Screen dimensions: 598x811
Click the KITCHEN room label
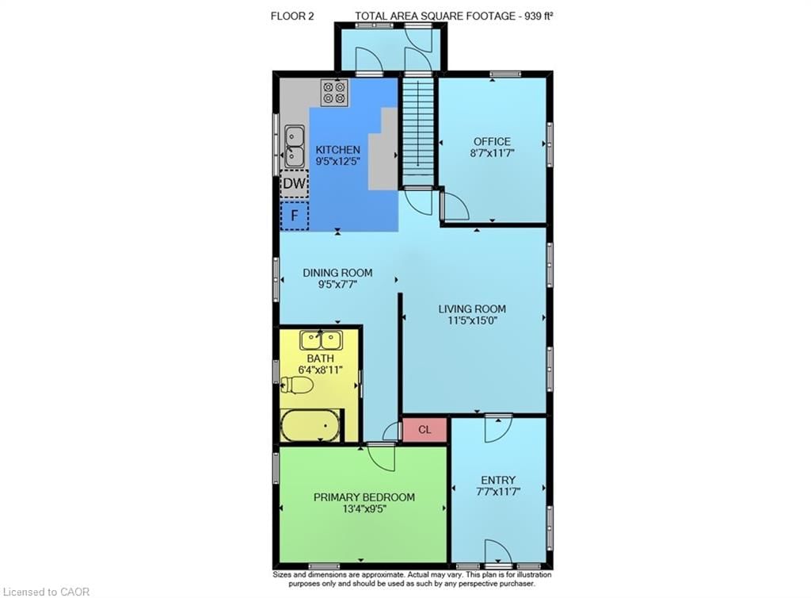click(x=337, y=150)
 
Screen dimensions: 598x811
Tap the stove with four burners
click(x=333, y=93)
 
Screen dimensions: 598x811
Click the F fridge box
click(x=295, y=215)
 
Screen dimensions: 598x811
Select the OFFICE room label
click(x=492, y=142)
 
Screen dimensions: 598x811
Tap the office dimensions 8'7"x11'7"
click(x=492, y=154)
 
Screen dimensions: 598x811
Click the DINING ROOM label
click(x=337, y=273)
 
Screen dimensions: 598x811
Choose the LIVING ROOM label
click(x=473, y=309)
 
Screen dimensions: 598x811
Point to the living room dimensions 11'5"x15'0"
click(x=473, y=321)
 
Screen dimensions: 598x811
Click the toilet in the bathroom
click(x=299, y=385)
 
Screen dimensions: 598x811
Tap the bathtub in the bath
click(x=310, y=426)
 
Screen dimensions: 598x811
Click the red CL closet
click(x=425, y=430)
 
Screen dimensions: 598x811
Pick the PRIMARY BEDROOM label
click(x=364, y=497)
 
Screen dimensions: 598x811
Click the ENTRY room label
click(x=498, y=480)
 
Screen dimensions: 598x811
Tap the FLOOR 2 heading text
click(x=292, y=15)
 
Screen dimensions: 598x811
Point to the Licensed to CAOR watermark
click(x=48, y=591)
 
